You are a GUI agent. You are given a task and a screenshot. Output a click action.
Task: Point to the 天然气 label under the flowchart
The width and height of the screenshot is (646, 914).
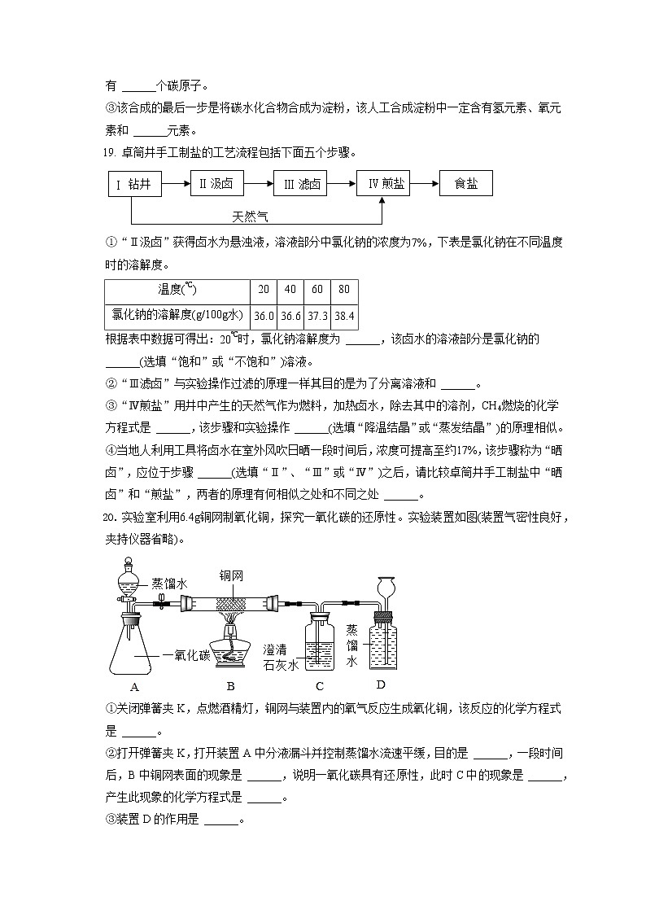point(250,216)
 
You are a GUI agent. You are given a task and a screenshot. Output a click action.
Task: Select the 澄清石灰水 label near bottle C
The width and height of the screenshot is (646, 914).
point(282,657)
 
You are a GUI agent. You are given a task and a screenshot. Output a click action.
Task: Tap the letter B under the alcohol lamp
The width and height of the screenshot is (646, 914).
point(230,685)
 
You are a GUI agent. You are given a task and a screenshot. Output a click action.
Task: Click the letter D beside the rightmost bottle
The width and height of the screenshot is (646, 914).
point(380,684)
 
